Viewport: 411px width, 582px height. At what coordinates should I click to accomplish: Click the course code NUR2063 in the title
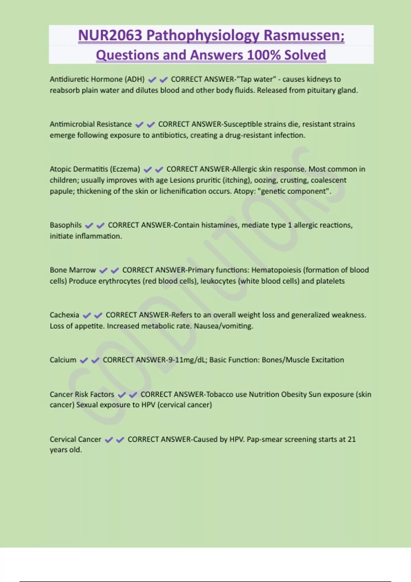tap(110, 36)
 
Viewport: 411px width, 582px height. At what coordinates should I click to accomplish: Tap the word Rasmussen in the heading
tap(304, 36)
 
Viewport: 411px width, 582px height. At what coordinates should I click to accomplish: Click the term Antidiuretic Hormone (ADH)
tap(97, 79)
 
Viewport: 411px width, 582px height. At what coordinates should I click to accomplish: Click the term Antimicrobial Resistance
tap(90, 124)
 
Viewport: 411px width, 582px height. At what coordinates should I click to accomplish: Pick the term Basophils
tap(66, 225)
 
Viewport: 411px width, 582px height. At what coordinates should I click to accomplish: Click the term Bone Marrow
tap(73, 270)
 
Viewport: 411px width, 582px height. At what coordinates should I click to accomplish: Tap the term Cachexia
tap(64, 315)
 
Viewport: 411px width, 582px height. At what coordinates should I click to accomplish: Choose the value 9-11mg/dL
tap(187, 360)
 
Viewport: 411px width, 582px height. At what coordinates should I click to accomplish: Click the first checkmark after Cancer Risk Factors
tap(122, 395)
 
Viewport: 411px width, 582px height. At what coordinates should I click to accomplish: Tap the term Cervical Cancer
tap(75, 439)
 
